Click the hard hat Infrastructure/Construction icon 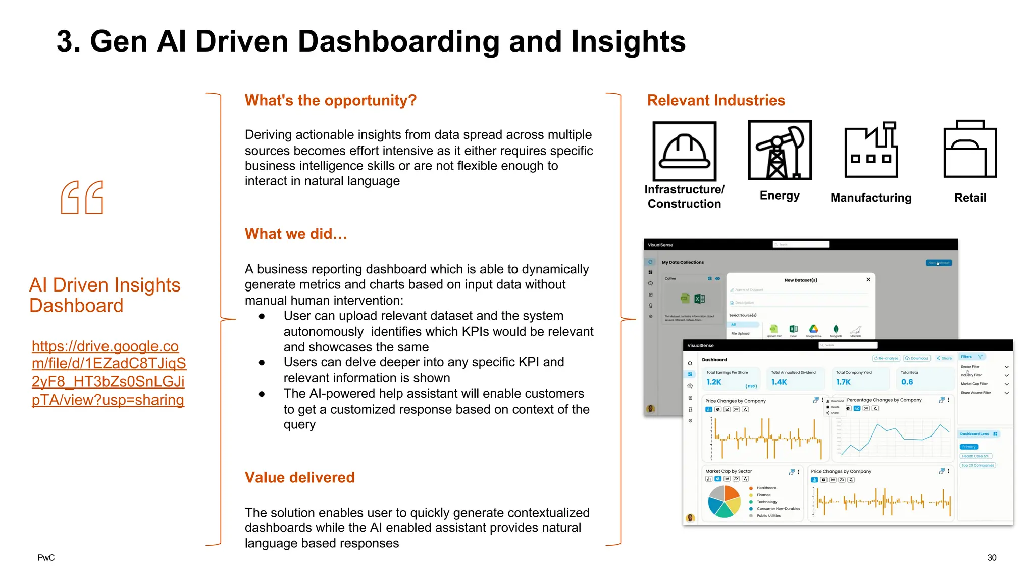pyautogui.click(x=684, y=151)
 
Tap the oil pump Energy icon pyautogui.click(x=780, y=150)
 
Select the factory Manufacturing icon pyautogui.click(x=871, y=150)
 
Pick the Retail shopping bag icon pyautogui.click(x=970, y=149)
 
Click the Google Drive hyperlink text pyautogui.click(x=109, y=373)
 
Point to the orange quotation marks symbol pyautogui.click(x=82, y=198)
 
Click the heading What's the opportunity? pyautogui.click(x=330, y=100)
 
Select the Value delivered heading pyautogui.click(x=299, y=477)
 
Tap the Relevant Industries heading pyautogui.click(x=715, y=100)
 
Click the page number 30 pyautogui.click(x=992, y=558)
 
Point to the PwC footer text pyautogui.click(x=46, y=558)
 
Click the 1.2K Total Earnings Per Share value pyautogui.click(x=714, y=382)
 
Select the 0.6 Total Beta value pyautogui.click(x=907, y=382)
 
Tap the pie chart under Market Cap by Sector pyautogui.click(x=724, y=501)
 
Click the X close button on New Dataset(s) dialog pyautogui.click(x=868, y=279)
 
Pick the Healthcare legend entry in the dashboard pyautogui.click(x=766, y=488)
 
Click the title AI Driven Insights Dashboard pyautogui.click(x=105, y=295)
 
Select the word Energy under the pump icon pyautogui.click(x=780, y=196)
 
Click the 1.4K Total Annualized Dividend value pyautogui.click(x=779, y=382)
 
